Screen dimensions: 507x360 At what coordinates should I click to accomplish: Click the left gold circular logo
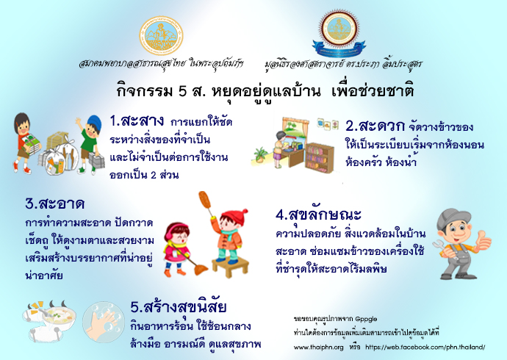[161, 36]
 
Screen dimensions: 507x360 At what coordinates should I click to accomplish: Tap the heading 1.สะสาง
[137, 121]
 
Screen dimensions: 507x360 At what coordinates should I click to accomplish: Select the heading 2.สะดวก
[375, 126]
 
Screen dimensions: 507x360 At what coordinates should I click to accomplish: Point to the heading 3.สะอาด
[54, 204]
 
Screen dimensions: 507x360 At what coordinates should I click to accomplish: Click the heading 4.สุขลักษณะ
[318, 215]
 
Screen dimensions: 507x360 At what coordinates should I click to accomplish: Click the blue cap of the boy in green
[95, 122]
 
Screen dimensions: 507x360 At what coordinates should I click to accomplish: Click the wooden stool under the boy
[230, 267]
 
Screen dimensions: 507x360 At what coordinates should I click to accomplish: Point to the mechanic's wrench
[442, 248]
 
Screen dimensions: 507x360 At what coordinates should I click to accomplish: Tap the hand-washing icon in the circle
[103, 322]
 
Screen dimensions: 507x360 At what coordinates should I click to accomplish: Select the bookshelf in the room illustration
[320, 158]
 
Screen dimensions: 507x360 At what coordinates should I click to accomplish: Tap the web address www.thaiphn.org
[318, 348]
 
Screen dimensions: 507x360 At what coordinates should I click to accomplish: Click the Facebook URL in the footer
[425, 348]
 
